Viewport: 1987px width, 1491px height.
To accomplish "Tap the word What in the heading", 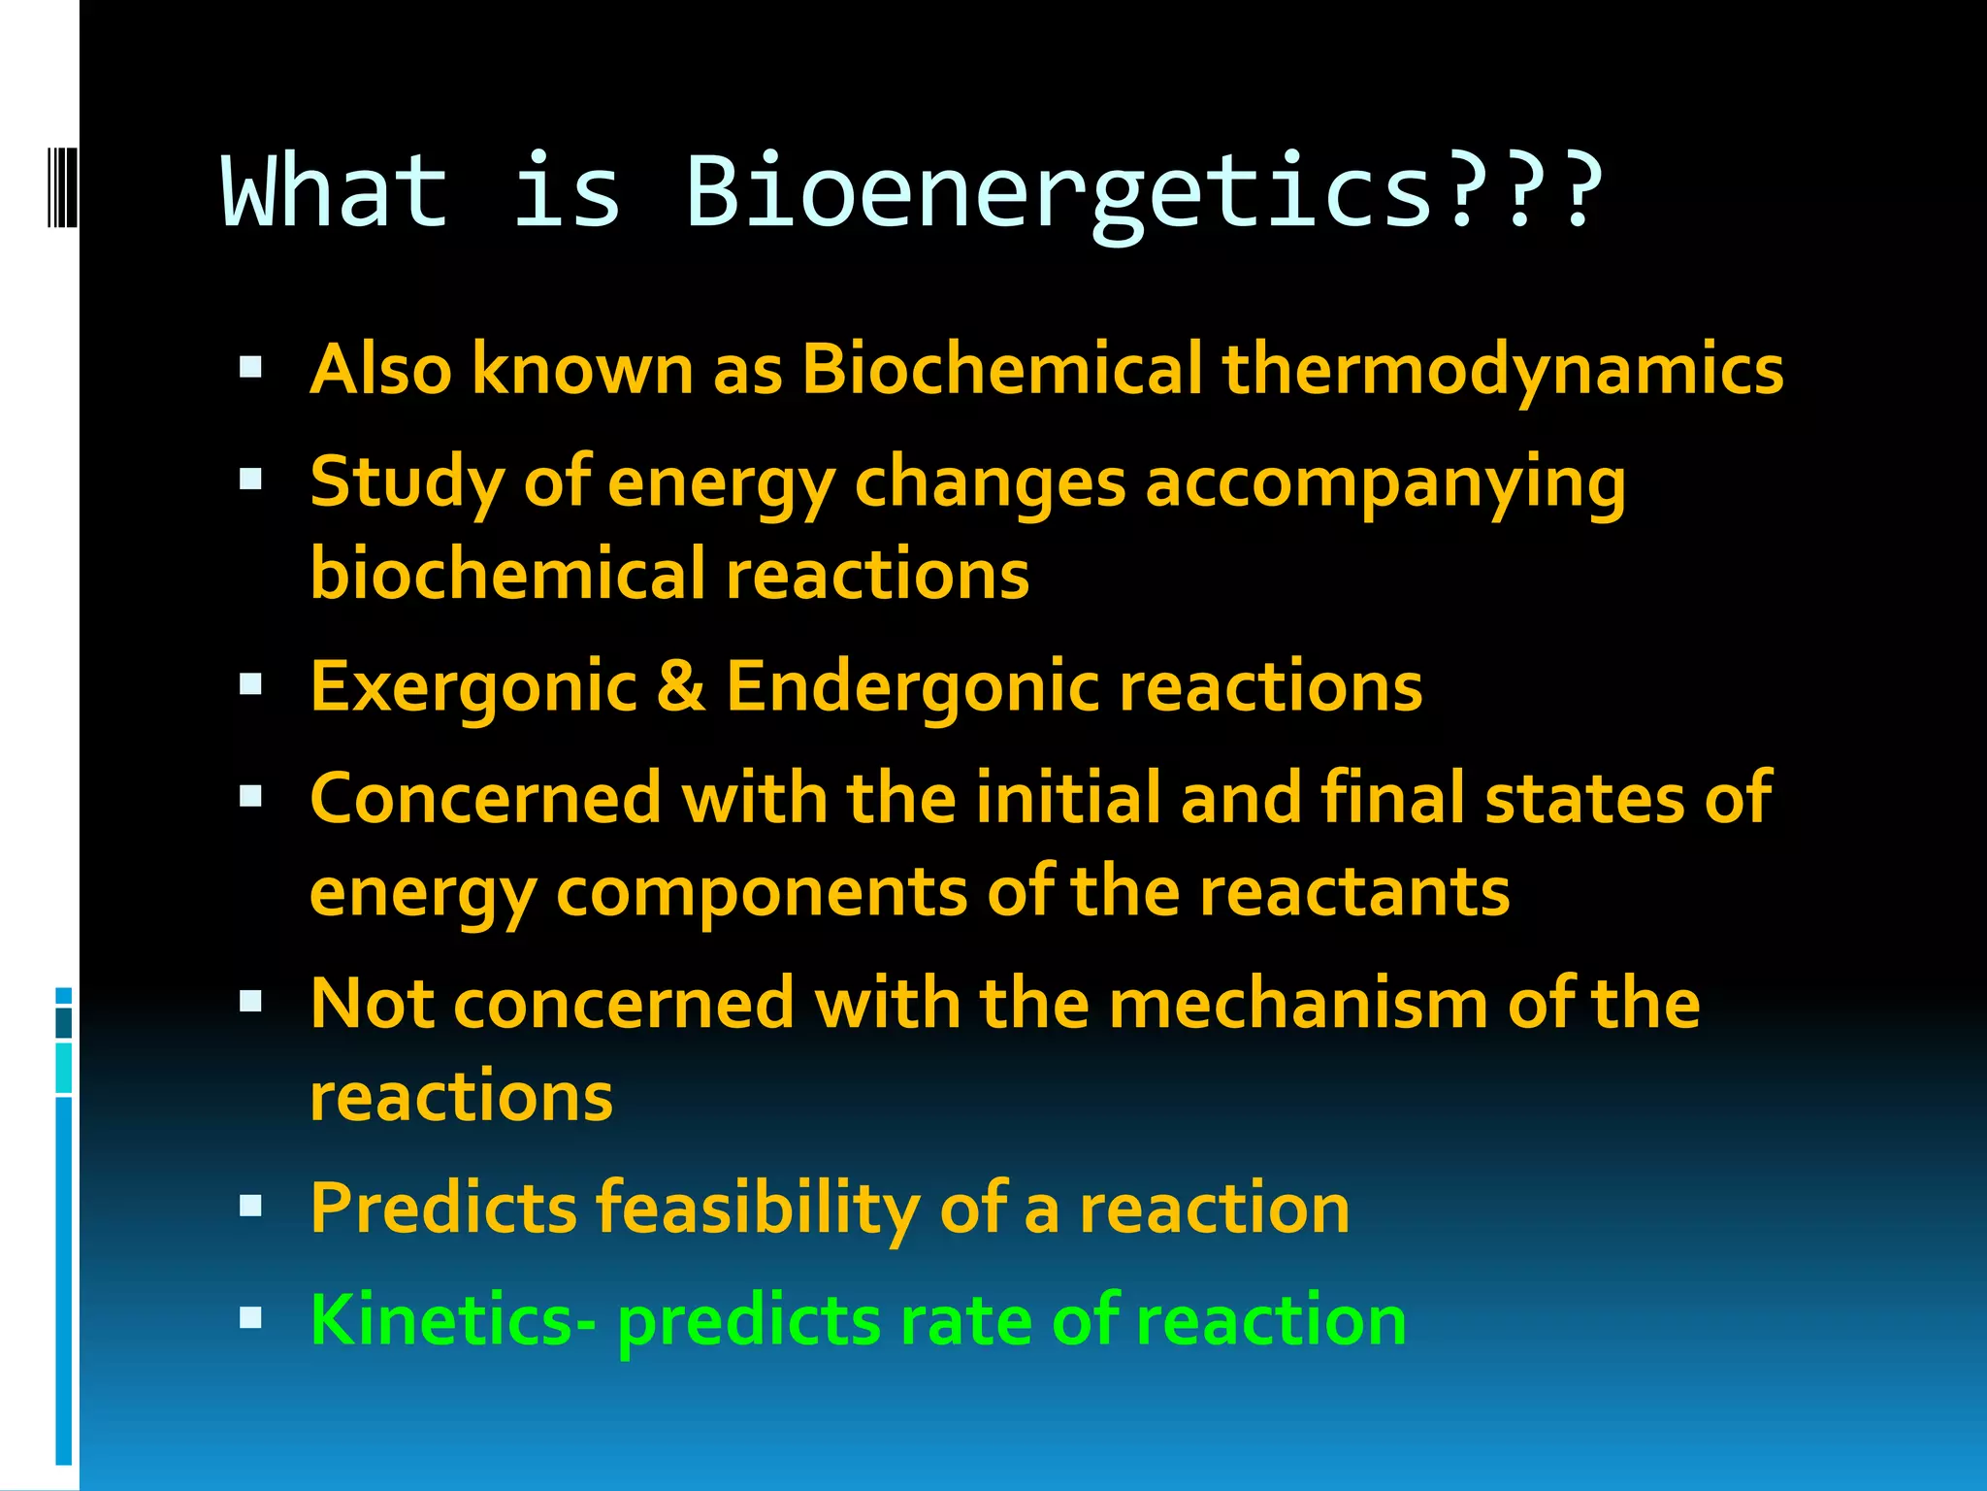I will click(x=335, y=192).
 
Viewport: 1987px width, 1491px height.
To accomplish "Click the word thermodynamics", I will click(x=1502, y=371).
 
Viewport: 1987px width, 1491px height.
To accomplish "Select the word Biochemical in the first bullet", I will click(x=1001, y=369).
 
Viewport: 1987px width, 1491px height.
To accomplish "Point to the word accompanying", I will click(x=1384, y=483).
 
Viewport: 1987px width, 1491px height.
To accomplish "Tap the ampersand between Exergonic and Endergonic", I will click(x=681, y=687).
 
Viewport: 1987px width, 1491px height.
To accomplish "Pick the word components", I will click(x=762, y=893).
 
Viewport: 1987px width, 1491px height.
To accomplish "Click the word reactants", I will click(x=1354, y=891).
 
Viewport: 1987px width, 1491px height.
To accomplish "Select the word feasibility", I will click(x=757, y=1209).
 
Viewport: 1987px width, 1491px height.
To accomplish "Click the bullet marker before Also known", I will click(x=250, y=368).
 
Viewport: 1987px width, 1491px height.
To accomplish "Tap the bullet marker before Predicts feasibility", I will click(x=250, y=1207).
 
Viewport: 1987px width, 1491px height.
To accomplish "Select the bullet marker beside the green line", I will click(x=250, y=1318).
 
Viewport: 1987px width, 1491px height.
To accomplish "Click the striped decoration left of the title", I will click(x=61, y=186).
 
